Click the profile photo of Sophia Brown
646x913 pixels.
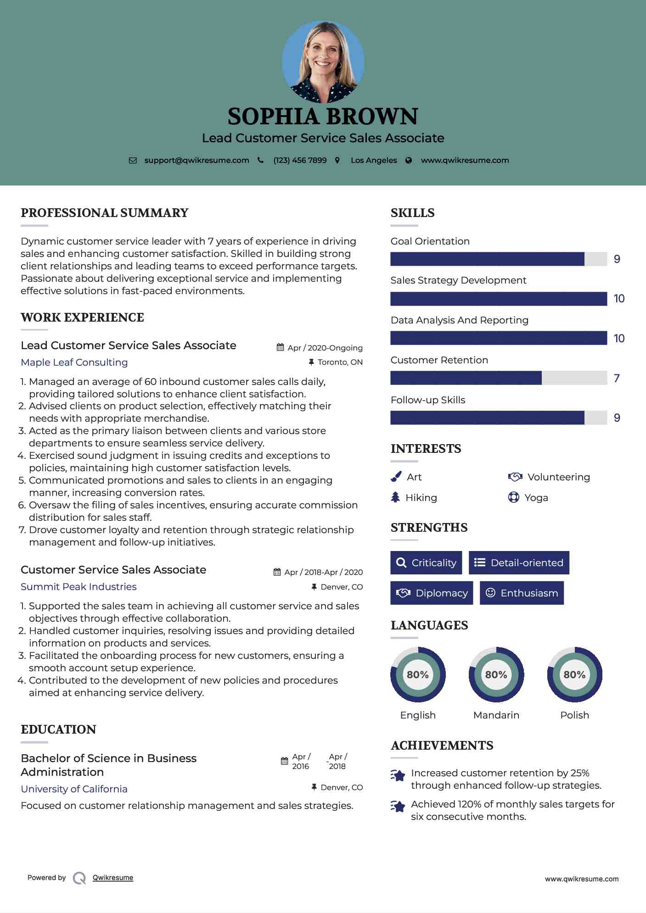[x=323, y=61]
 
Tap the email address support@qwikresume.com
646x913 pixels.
[x=197, y=160]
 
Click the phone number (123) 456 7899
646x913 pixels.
[x=300, y=160]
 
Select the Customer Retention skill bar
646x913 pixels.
[x=498, y=378]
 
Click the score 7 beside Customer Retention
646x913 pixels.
[x=617, y=378]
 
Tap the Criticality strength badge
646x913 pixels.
[x=426, y=563]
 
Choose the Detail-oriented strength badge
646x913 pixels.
[x=519, y=563]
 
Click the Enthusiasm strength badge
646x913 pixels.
[x=522, y=593]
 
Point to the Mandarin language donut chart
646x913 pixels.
[x=496, y=674]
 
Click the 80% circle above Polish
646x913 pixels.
[x=574, y=674]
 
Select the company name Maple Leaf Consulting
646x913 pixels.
[x=74, y=362]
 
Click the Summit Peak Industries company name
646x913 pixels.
[x=79, y=587]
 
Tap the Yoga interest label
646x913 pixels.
[x=536, y=498]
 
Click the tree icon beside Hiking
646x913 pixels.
[x=395, y=497]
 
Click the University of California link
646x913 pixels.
[x=74, y=789]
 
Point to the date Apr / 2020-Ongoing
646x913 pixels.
[x=325, y=348]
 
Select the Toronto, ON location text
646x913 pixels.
[x=340, y=362]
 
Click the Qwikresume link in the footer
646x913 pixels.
[x=113, y=878]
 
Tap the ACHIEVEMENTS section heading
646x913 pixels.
[x=442, y=746]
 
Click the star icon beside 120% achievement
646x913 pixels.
[x=398, y=807]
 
